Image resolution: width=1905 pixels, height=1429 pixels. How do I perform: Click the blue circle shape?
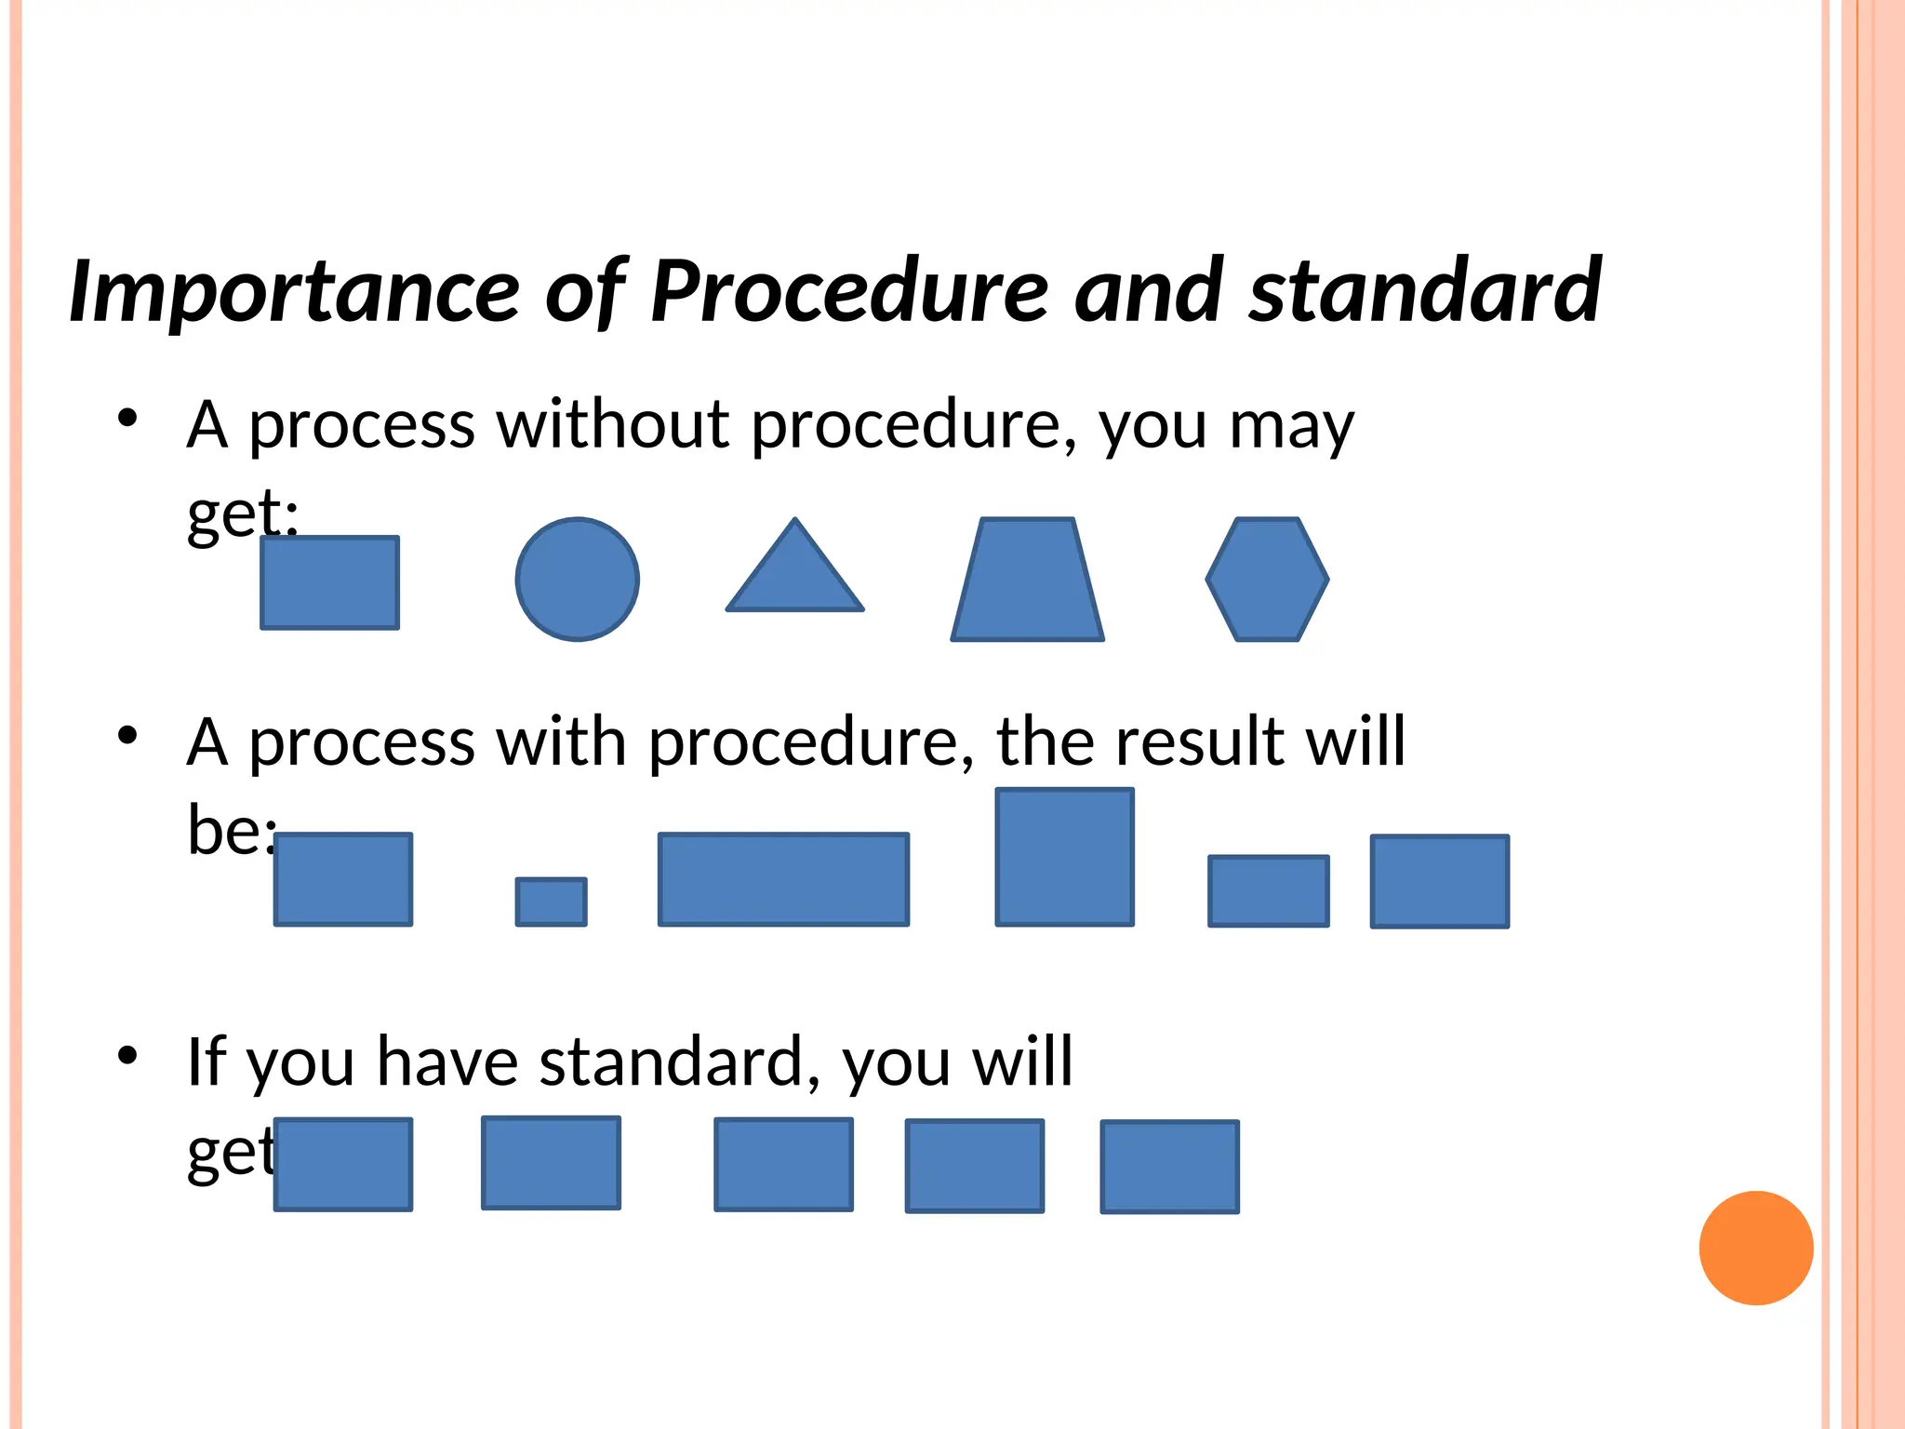(x=577, y=579)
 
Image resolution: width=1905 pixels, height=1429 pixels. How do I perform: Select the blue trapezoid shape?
(x=1027, y=581)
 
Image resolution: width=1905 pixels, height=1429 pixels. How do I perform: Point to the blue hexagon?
(x=1267, y=579)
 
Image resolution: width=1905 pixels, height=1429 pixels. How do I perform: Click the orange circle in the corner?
(x=1755, y=1248)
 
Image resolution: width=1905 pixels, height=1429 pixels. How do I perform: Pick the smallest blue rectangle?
(x=551, y=901)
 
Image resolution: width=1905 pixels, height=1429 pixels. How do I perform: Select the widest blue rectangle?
(x=783, y=879)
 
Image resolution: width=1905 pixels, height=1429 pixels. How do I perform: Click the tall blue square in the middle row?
(x=1064, y=857)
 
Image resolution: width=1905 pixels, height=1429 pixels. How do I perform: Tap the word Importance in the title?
(x=294, y=291)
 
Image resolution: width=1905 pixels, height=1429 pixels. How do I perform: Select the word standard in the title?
(x=1424, y=291)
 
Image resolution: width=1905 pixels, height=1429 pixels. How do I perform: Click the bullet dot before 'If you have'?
(x=127, y=1055)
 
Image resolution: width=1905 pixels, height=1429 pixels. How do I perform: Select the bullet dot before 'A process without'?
(x=127, y=418)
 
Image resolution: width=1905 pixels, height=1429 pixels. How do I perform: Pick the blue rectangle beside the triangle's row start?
(x=329, y=582)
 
